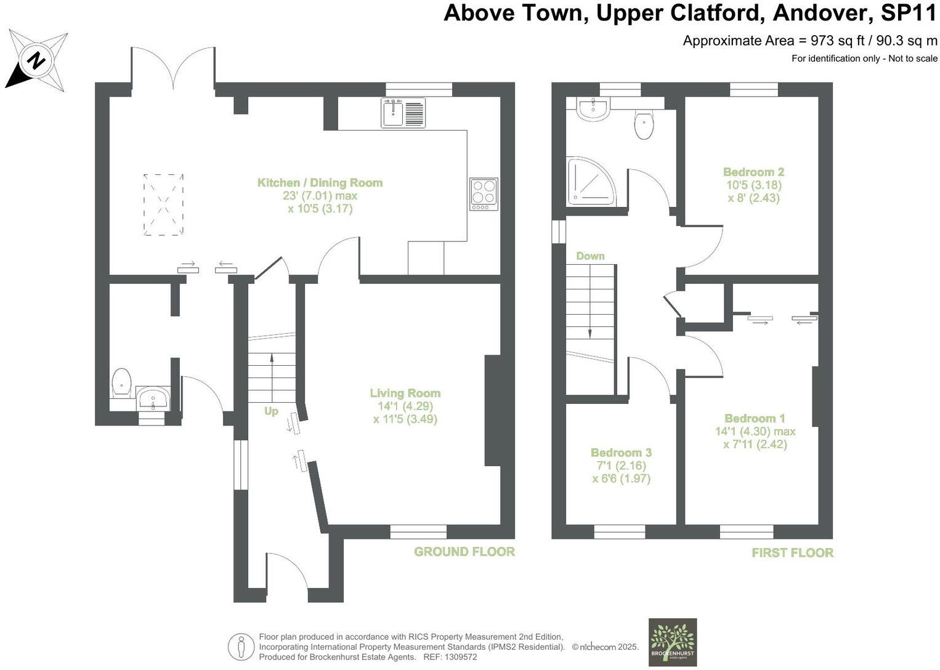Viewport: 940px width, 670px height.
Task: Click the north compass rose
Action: click(37, 61)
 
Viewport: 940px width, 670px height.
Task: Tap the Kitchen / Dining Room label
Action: click(320, 182)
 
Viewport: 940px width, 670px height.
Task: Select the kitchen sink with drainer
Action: click(403, 113)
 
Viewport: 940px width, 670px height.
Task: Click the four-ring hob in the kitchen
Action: click(484, 193)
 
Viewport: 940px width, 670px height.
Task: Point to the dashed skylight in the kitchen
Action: click(163, 204)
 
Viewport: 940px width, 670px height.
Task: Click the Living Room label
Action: click(405, 393)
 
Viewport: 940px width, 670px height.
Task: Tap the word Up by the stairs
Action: click(271, 411)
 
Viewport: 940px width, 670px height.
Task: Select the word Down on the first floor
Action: click(590, 256)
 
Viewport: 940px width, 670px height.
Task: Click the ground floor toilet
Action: click(122, 382)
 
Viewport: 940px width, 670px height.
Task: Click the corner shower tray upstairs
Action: click(590, 180)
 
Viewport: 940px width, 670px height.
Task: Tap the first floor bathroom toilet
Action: click(644, 125)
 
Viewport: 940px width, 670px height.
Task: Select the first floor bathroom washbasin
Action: click(593, 109)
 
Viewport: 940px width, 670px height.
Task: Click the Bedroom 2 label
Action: click(753, 172)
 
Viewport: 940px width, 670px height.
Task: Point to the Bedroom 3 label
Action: click(621, 453)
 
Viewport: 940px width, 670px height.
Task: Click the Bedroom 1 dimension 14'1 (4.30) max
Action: click(755, 432)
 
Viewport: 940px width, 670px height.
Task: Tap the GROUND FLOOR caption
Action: click(464, 552)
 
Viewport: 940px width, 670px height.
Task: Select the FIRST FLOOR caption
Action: click(792, 553)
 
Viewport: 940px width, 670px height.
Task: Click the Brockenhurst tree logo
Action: click(673, 642)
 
